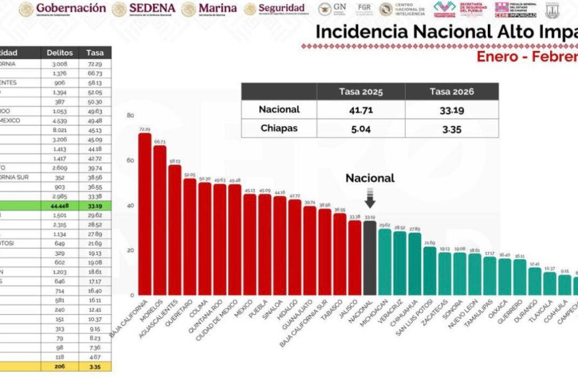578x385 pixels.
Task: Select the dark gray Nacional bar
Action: click(370, 258)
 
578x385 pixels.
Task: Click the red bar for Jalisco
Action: click(354, 257)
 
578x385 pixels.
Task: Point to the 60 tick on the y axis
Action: click(130, 160)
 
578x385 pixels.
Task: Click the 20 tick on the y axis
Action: click(130, 250)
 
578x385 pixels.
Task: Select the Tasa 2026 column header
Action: click(451, 92)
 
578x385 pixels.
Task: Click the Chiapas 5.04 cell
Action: click(360, 128)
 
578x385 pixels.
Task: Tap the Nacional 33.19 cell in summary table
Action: click(451, 109)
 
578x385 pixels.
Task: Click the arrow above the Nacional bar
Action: click(370, 201)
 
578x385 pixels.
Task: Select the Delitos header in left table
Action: click(60, 53)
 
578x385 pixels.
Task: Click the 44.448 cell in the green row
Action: click(60, 206)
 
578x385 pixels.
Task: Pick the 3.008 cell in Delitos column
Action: click(60, 64)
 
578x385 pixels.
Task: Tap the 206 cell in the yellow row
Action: click(60, 367)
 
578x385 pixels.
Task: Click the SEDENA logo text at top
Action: click(152, 9)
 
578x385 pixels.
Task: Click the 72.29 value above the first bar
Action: click(145, 129)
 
